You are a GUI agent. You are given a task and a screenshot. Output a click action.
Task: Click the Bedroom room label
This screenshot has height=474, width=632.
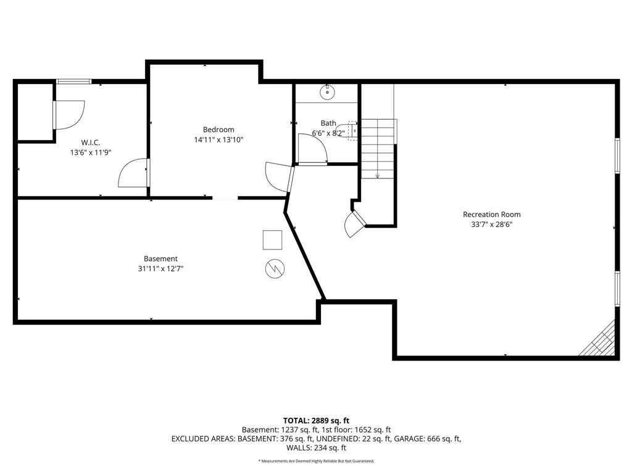(x=218, y=130)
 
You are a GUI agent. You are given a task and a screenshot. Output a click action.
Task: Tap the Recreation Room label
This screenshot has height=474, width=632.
(x=491, y=214)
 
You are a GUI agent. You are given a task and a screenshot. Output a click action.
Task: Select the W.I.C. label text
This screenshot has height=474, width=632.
(x=90, y=143)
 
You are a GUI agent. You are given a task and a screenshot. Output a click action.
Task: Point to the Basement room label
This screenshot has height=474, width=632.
(x=160, y=259)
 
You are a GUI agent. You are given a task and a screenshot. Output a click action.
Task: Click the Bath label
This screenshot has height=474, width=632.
(x=328, y=123)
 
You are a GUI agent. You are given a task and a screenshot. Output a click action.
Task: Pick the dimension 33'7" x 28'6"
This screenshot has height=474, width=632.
(x=491, y=225)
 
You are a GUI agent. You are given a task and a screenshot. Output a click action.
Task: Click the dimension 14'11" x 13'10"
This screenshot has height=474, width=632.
(x=218, y=140)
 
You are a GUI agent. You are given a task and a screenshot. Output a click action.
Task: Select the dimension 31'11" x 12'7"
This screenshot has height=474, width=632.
(x=160, y=269)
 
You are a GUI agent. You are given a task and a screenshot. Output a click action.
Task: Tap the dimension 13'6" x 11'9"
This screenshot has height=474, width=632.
(x=90, y=153)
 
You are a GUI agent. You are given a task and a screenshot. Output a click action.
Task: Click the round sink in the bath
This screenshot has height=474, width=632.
(x=327, y=93)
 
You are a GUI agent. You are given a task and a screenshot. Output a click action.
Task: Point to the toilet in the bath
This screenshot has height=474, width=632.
(x=346, y=131)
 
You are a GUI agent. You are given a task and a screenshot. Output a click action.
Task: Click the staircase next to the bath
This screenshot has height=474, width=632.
(x=377, y=149)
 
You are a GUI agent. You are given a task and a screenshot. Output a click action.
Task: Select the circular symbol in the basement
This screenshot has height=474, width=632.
(x=275, y=268)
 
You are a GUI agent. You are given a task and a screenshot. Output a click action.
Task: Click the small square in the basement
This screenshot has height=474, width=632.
(x=272, y=240)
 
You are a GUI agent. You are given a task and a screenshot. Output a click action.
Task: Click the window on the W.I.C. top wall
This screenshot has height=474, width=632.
(x=74, y=81)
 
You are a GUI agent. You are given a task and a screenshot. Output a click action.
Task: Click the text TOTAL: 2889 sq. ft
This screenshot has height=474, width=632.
(x=316, y=421)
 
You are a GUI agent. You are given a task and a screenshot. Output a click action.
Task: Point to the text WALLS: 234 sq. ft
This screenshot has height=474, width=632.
(x=316, y=447)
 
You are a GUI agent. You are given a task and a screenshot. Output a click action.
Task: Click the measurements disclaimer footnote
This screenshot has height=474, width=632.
(x=316, y=461)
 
